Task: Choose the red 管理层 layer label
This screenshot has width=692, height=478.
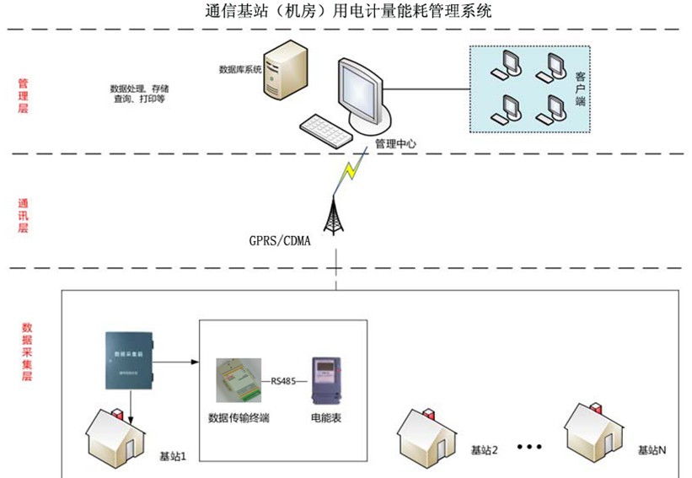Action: tap(24, 98)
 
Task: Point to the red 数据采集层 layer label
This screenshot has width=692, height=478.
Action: tap(26, 352)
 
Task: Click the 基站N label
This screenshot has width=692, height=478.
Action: tap(652, 450)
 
